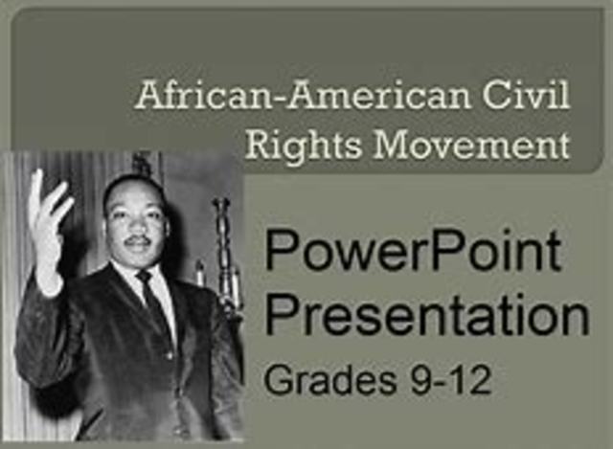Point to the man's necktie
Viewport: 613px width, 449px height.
(148, 301)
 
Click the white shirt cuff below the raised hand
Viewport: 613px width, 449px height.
(49, 283)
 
